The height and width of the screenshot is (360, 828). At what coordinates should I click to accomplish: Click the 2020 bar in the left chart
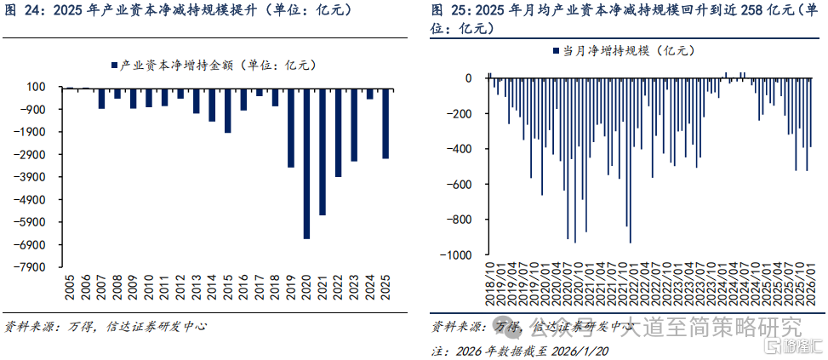[x=307, y=163]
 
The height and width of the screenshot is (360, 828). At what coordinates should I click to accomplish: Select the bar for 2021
[x=323, y=152]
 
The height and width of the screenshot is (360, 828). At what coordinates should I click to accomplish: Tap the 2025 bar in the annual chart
[x=385, y=123]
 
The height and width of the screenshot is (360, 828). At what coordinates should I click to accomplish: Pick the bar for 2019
[x=291, y=129]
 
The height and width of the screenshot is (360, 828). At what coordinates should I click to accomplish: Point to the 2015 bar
[x=228, y=111]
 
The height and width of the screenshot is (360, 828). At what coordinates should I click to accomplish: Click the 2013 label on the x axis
[x=197, y=287]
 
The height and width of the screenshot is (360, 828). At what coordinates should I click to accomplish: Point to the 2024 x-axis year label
[x=369, y=287]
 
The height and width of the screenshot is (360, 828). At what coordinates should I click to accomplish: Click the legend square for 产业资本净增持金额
[x=115, y=66]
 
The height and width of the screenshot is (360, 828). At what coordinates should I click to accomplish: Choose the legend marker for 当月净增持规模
[x=556, y=51]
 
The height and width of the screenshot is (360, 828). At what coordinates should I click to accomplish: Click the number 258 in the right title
[x=747, y=10]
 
